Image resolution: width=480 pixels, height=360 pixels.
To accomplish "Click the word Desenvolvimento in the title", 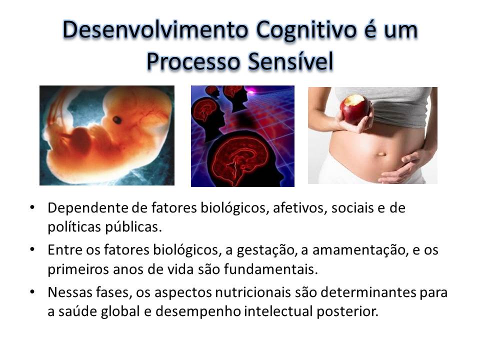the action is click(x=155, y=30).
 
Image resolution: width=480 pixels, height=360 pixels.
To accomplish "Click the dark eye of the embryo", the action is click(x=117, y=119).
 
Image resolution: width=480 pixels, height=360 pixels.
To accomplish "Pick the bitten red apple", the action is click(x=355, y=108).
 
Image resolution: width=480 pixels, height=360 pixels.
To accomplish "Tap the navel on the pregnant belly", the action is click(x=381, y=153).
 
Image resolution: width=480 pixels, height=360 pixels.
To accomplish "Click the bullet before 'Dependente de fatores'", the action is click(x=32, y=207).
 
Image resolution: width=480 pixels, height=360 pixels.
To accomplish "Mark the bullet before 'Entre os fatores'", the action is click(x=32, y=249).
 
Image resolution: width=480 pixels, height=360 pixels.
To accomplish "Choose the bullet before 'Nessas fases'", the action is click(x=32, y=291).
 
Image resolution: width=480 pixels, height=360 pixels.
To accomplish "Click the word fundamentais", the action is click(x=271, y=269).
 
